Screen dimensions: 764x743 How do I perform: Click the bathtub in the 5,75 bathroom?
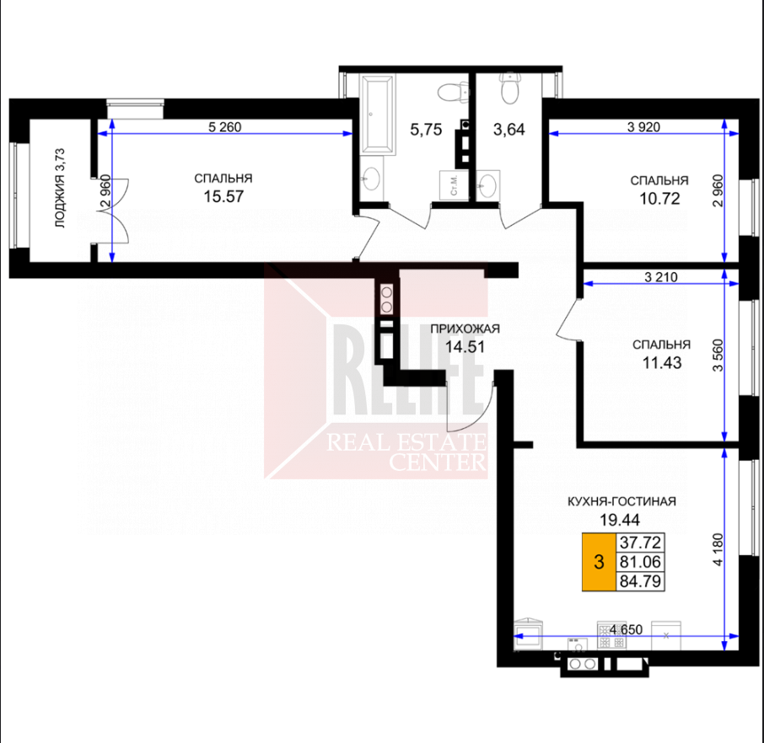pyautogui.click(x=376, y=115)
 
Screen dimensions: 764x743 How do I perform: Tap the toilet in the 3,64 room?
pyautogui.click(x=509, y=88)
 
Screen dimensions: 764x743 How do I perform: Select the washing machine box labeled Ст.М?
pyautogui.click(x=454, y=184)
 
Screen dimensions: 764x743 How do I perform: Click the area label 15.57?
pyautogui.click(x=223, y=197)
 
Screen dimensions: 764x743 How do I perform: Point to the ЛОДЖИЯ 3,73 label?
pyautogui.click(x=59, y=189)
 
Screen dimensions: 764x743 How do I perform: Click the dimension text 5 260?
pyautogui.click(x=224, y=127)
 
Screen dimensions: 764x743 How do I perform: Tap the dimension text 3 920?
pyautogui.click(x=643, y=127)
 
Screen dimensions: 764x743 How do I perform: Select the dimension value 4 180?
pyautogui.click(x=718, y=548)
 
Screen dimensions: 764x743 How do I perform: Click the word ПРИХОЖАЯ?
pyautogui.click(x=465, y=329)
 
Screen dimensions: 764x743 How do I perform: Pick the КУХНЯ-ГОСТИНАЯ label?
pyautogui.click(x=621, y=501)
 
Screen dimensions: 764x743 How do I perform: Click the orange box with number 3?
pyautogui.click(x=599, y=562)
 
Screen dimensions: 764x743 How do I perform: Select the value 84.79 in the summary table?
pyautogui.click(x=640, y=581)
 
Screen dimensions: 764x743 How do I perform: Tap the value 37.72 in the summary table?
pyautogui.click(x=640, y=542)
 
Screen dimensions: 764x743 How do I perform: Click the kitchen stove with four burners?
pyautogui.click(x=612, y=635)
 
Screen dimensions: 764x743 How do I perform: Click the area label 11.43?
pyautogui.click(x=662, y=363)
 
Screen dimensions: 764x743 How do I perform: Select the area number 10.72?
pyautogui.click(x=659, y=199)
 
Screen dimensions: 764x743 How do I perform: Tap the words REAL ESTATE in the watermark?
pyautogui.click(x=406, y=442)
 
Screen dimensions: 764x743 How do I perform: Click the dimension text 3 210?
pyautogui.click(x=661, y=277)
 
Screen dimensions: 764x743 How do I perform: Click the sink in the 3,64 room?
pyautogui.click(x=487, y=185)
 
